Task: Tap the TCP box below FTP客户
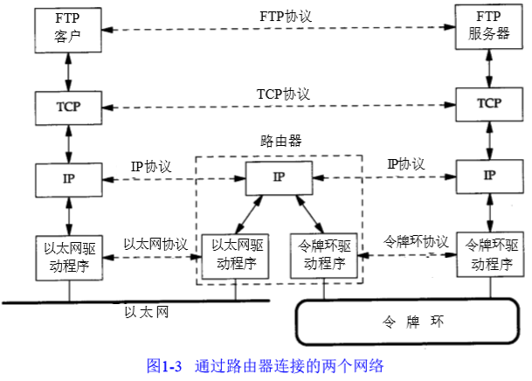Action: [67, 105]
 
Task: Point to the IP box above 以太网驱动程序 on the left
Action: [67, 179]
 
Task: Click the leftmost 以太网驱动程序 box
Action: [67, 254]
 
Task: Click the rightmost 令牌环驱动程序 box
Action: [489, 254]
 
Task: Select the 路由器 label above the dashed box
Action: [280, 140]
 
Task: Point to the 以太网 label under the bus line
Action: [145, 311]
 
